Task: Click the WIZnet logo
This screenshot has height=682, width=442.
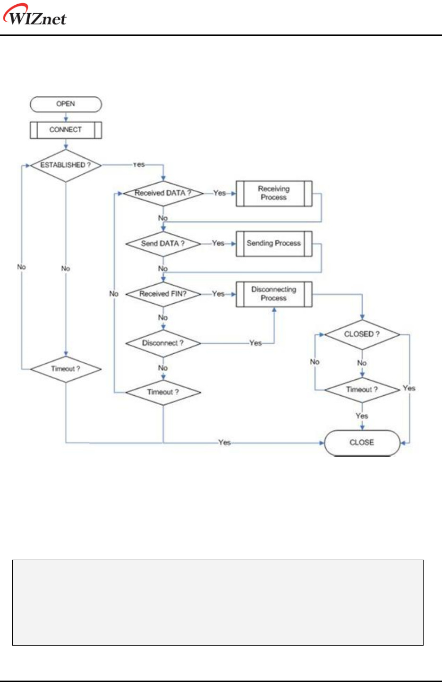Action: coord(35,15)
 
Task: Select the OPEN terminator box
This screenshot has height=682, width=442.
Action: coord(66,104)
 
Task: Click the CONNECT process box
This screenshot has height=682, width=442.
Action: coord(66,130)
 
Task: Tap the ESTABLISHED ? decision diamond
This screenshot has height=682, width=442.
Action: coord(66,165)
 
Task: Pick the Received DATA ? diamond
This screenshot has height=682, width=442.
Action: coord(163,193)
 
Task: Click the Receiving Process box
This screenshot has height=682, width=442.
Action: coord(274,193)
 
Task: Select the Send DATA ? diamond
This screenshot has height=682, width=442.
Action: coord(163,244)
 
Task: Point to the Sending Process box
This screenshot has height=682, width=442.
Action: coord(274,244)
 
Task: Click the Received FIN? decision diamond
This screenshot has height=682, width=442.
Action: coord(163,294)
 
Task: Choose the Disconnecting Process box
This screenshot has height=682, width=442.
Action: coord(274,294)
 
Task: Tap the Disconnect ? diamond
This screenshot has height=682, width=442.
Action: coord(163,343)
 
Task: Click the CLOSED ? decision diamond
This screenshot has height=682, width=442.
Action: coord(362,334)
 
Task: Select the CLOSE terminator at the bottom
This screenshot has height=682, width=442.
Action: coord(362,443)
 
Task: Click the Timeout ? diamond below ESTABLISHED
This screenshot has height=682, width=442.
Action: coord(66,369)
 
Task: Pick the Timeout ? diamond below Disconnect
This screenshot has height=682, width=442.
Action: coord(163,392)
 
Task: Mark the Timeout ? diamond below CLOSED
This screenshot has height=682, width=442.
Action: coord(362,390)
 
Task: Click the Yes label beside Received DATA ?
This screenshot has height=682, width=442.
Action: coord(220,193)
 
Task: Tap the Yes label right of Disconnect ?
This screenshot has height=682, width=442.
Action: coord(255,343)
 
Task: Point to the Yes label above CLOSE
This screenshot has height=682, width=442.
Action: coord(362,416)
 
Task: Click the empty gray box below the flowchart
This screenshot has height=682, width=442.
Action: coord(218,603)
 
